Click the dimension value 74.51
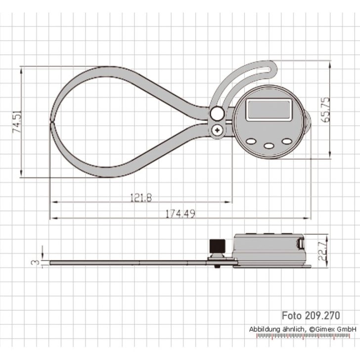click(17, 122)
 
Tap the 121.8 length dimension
click(141, 197)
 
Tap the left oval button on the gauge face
click(251, 141)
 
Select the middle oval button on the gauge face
click(269, 145)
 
